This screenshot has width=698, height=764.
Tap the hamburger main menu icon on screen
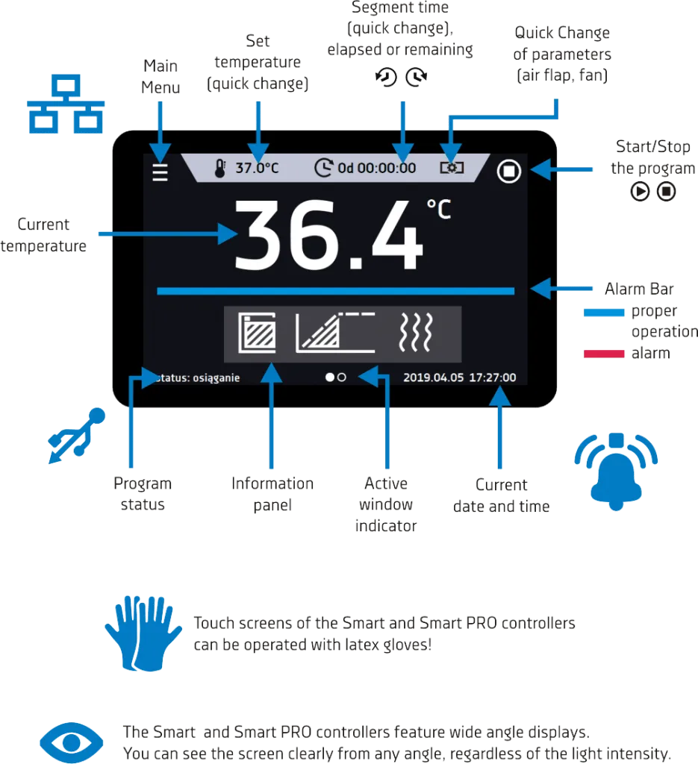(x=160, y=172)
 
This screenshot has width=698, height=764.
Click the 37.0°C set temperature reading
(x=257, y=168)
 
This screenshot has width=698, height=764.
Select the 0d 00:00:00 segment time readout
(x=377, y=168)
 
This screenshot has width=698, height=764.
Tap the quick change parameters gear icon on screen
(x=452, y=168)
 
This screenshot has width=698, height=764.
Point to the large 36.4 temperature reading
(x=328, y=235)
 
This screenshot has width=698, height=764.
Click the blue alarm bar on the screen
(x=335, y=291)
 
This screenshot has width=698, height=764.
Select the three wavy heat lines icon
(x=415, y=332)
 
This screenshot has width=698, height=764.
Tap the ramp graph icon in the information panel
(x=335, y=332)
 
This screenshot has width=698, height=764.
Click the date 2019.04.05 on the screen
(x=433, y=378)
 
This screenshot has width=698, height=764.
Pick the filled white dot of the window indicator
(x=330, y=377)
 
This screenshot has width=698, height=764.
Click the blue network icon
(x=66, y=104)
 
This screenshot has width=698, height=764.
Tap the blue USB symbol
(x=77, y=436)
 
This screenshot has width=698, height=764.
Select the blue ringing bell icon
(x=616, y=471)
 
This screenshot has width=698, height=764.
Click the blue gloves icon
(x=143, y=633)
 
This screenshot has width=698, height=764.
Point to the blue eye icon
(x=71, y=742)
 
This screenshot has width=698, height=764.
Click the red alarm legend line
(x=604, y=354)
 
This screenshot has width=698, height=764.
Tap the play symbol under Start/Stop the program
(x=640, y=191)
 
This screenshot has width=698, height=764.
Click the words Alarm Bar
(x=639, y=289)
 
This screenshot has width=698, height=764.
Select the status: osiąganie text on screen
(x=197, y=378)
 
